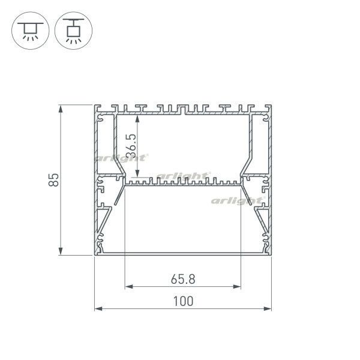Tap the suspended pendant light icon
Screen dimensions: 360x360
(x=71, y=29)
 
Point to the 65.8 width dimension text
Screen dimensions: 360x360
(x=182, y=278)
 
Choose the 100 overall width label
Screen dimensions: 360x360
(x=182, y=301)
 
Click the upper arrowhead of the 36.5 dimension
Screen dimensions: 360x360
(x=139, y=117)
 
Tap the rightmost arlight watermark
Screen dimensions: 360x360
(x=237, y=199)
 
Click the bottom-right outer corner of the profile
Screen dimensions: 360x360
(x=271, y=256)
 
